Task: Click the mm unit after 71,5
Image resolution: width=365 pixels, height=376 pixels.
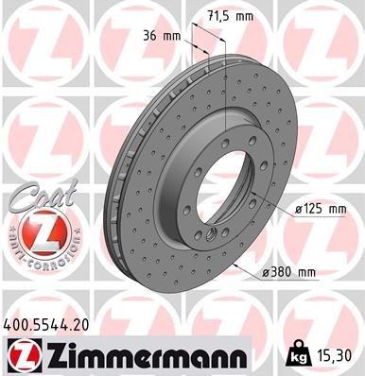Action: point(245,16)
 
